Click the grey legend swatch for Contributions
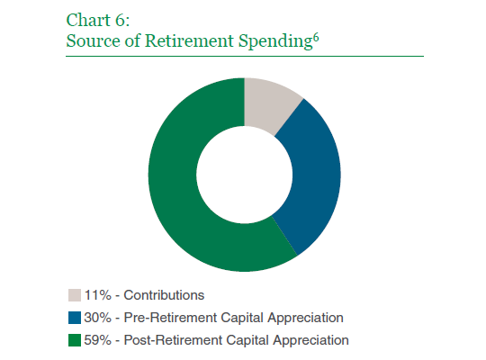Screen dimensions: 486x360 tap(75, 295)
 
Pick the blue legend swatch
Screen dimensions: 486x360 tap(75, 318)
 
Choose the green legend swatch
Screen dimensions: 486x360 tap(75, 340)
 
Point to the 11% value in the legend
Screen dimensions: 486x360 tap(97, 295)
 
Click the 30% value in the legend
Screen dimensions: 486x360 tap(97, 318)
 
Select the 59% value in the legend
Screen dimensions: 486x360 tap(97, 340)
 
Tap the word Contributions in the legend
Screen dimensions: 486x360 tap(164, 295)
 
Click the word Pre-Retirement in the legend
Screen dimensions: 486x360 tap(170, 318)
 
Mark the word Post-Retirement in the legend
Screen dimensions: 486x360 tap(173, 340)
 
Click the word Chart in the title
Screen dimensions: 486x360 tap(88, 20)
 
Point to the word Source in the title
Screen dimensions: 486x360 tap(94, 40)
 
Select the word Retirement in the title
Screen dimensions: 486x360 tap(189, 40)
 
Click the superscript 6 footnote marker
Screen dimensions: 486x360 tap(316, 38)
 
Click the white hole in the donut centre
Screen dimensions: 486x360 tap(244, 175)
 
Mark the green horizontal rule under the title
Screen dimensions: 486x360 tap(245, 56)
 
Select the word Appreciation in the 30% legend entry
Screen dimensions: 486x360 tap(305, 318)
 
